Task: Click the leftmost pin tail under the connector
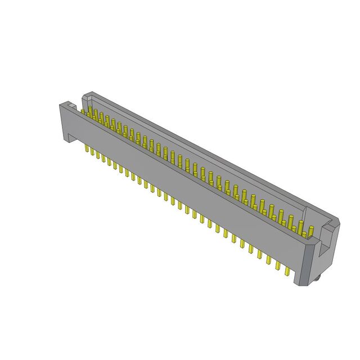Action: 85,150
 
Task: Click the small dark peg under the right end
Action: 317,276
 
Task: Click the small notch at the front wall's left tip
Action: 68,105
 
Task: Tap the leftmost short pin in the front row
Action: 84,112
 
